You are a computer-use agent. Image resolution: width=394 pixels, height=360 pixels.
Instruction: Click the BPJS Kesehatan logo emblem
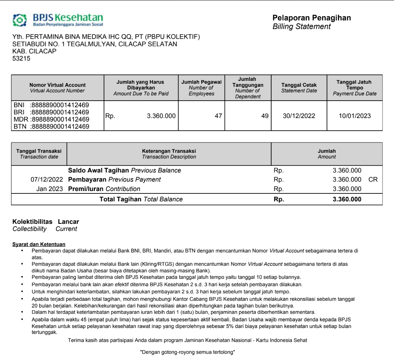(x=20, y=20)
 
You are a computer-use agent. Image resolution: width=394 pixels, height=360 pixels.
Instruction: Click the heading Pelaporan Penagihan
(x=311, y=18)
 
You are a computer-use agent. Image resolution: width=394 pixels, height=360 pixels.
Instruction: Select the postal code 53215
(x=21, y=58)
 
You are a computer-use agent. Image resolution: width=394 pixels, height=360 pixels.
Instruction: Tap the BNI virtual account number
(x=59, y=105)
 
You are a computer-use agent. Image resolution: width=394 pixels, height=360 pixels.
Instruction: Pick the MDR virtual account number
(x=59, y=120)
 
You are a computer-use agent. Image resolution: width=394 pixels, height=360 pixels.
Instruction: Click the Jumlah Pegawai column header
(x=201, y=88)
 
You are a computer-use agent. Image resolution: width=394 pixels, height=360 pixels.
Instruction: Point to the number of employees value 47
(x=218, y=116)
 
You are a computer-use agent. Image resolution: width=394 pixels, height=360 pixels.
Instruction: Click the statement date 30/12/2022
(x=299, y=116)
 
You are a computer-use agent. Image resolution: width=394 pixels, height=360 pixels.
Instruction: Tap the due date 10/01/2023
(x=355, y=116)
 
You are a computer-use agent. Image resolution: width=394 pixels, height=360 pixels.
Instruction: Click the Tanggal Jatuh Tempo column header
(x=354, y=88)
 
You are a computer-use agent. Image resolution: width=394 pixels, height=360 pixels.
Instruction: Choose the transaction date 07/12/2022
(x=47, y=180)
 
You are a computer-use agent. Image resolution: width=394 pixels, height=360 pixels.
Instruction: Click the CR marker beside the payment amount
(x=373, y=180)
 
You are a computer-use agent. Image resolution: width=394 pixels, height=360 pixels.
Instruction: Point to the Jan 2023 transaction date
(x=49, y=189)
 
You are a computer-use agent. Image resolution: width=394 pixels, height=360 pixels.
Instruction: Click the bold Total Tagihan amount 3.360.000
(x=347, y=199)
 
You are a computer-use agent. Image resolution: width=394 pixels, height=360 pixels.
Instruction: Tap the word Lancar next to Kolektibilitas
(x=68, y=222)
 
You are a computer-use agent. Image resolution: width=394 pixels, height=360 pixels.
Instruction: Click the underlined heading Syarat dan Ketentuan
(x=39, y=244)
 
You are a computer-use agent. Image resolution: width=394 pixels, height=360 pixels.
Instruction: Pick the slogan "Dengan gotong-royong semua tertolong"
(x=188, y=352)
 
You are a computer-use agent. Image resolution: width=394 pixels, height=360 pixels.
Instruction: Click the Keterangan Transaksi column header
(x=169, y=154)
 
